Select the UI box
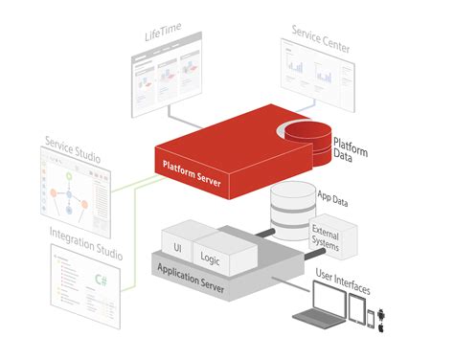(177, 245)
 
